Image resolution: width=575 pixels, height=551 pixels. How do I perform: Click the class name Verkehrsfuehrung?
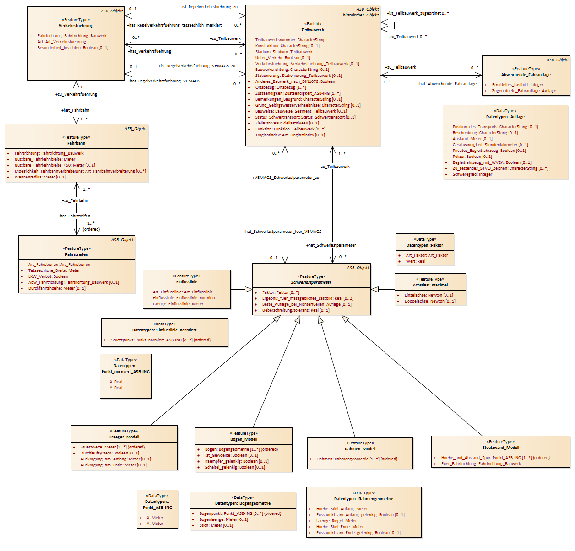click(76, 26)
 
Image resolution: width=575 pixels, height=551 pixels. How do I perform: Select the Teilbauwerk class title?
click(313, 30)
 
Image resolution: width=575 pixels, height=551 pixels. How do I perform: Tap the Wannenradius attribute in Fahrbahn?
click(40, 177)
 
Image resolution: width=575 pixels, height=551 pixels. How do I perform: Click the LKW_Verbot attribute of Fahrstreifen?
click(48, 276)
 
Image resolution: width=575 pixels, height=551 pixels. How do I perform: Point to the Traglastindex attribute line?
click(290, 135)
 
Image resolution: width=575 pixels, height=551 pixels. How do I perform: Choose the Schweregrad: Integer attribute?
click(472, 174)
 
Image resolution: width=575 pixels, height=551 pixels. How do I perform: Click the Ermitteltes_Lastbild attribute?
click(518, 85)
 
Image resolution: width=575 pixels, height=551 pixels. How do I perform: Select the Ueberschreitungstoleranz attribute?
click(296, 310)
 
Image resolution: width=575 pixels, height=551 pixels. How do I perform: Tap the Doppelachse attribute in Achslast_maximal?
click(430, 301)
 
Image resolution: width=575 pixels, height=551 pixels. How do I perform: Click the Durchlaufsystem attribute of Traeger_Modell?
click(109, 453)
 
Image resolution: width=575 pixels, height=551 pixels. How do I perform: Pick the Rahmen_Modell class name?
click(360, 449)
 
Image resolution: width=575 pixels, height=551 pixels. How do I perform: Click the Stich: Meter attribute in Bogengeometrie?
click(216, 525)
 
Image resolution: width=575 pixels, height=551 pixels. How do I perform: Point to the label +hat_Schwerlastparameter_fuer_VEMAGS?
click(282, 232)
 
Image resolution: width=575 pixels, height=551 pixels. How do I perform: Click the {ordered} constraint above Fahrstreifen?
click(91, 229)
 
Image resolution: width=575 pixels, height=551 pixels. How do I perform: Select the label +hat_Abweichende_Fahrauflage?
click(446, 84)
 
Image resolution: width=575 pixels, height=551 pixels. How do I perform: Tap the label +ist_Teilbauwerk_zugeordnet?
click(414, 13)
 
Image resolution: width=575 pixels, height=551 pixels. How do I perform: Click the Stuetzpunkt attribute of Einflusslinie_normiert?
click(161, 340)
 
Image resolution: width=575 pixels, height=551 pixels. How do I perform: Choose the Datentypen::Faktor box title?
click(424, 245)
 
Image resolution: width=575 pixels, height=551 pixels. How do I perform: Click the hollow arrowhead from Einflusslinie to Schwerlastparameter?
click(249, 290)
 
